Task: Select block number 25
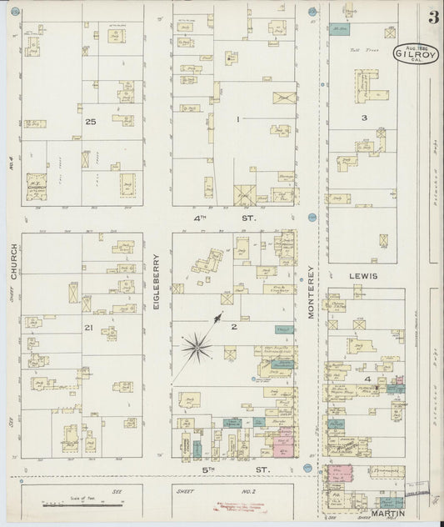pyautogui.click(x=90, y=122)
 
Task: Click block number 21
pyautogui.click(x=87, y=328)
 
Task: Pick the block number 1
pyautogui.click(x=237, y=120)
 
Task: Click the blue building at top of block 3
pyautogui.click(x=337, y=31)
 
